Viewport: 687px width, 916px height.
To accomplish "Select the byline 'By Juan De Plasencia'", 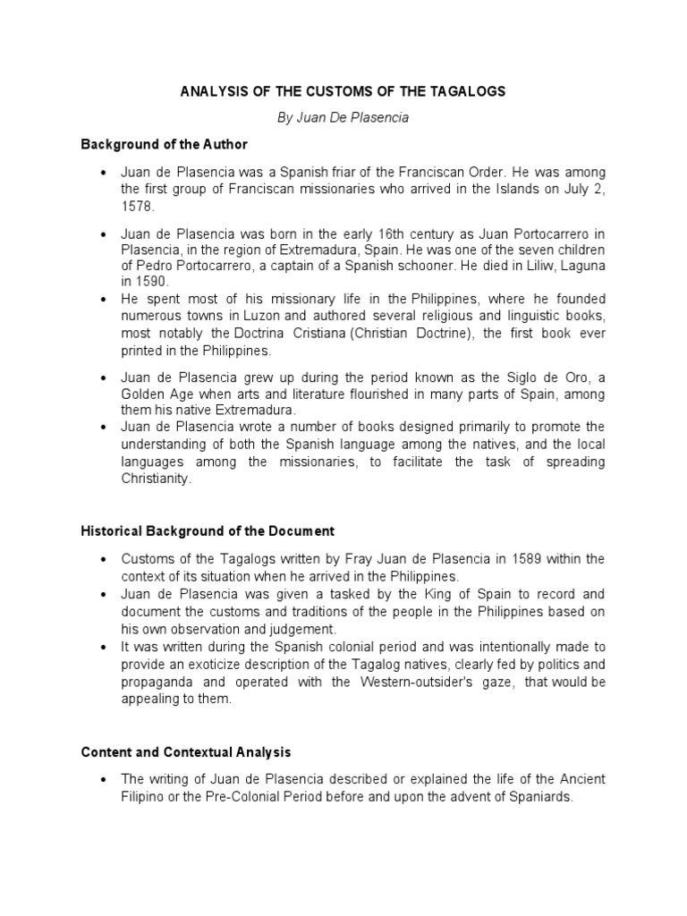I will coord(343,118).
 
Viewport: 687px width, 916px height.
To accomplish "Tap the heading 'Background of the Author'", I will coord(164,144).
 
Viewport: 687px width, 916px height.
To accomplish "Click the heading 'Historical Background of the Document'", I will coord(208,531).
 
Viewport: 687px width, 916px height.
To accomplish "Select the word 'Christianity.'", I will coord(157,479).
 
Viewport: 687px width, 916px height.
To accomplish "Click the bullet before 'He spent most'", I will coord(105,299).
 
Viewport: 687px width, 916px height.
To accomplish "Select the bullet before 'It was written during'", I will coord(105,648).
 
